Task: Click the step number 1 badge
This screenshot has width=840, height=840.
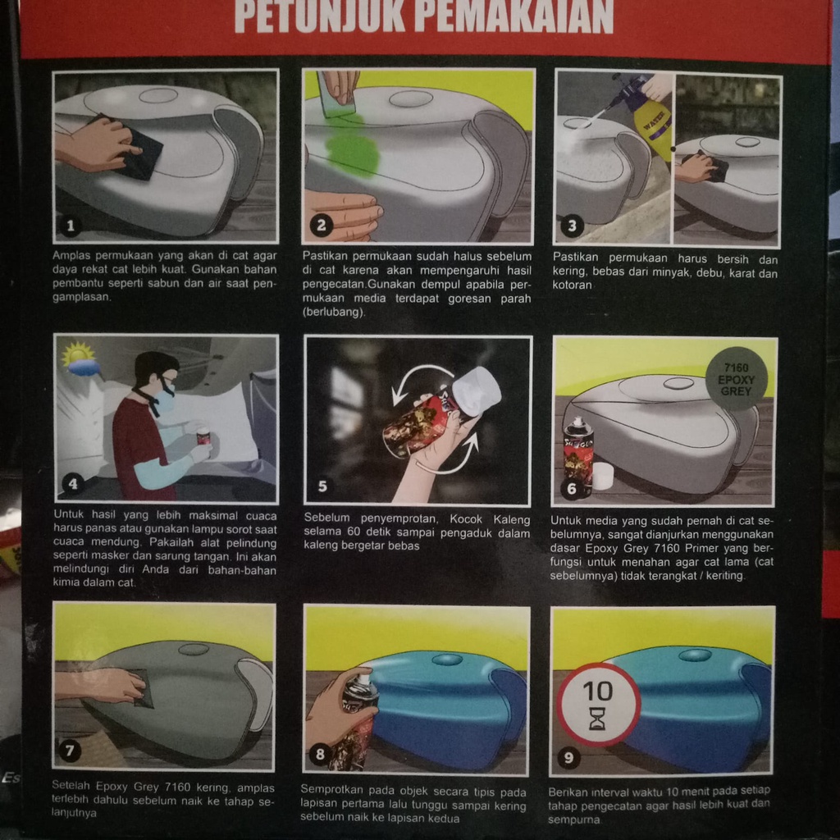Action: tap(71, 226)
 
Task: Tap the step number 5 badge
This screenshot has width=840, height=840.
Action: tap(322, 486)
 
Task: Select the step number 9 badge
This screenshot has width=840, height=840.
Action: tap(569, 757)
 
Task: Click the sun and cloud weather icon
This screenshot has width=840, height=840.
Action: tap(80, 360)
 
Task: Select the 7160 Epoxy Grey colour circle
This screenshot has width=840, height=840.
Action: tap(736, 380)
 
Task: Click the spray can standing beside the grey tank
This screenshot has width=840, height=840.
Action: tap(577, 456)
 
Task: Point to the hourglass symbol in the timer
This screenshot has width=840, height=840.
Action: tap(597, 718)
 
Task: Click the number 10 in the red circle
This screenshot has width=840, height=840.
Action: tap(597, 691)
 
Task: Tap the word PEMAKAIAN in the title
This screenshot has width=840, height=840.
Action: tap(514, 16)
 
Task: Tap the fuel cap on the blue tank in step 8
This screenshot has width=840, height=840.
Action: tap(447, 660)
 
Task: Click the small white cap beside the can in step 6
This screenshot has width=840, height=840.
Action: tap(603, 475)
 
